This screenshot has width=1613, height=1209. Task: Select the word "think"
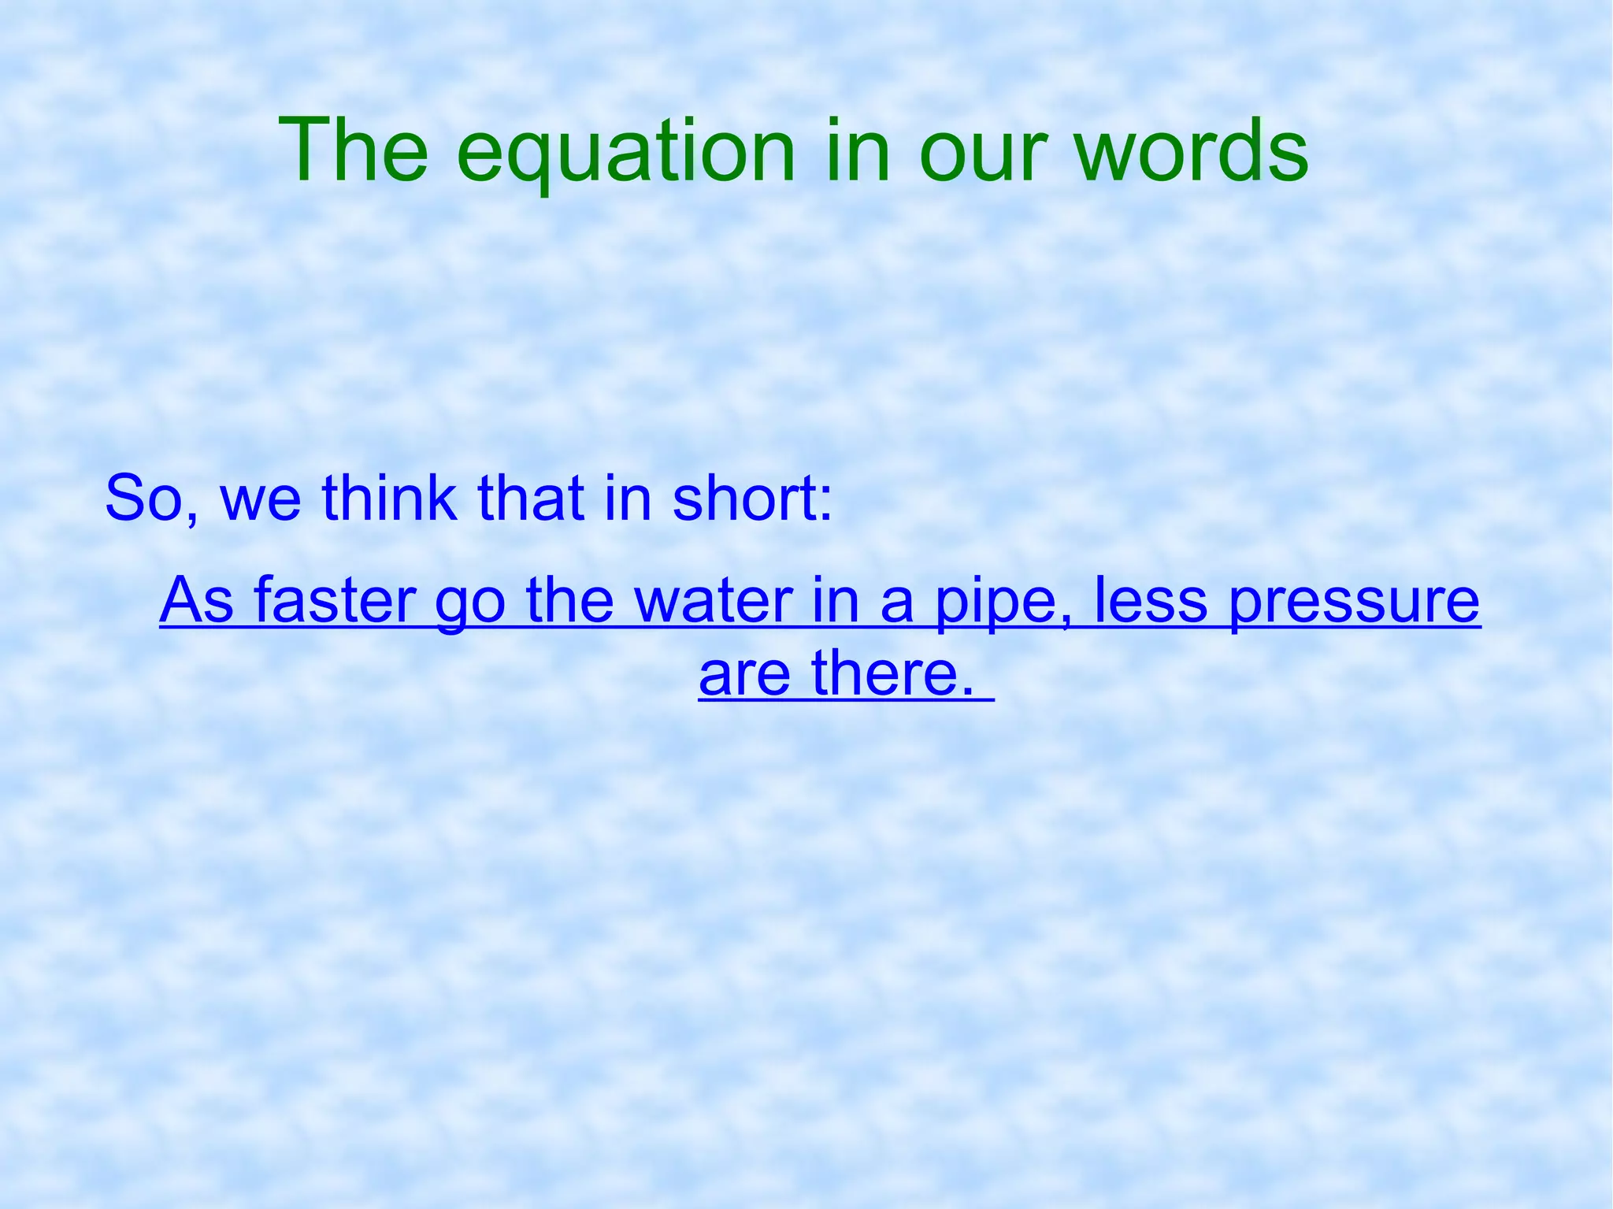coord(389,498)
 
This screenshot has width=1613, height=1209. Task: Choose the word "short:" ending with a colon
coord(752,498)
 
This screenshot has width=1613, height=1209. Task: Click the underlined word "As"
coord(197,600)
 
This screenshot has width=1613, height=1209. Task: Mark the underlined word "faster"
coord(335,600)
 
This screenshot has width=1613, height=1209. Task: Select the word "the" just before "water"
coord(569,600)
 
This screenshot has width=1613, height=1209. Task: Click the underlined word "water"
coord(714,600)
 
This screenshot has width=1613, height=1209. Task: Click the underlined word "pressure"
coord(1354,603)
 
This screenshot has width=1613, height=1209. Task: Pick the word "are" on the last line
coord(744,674)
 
